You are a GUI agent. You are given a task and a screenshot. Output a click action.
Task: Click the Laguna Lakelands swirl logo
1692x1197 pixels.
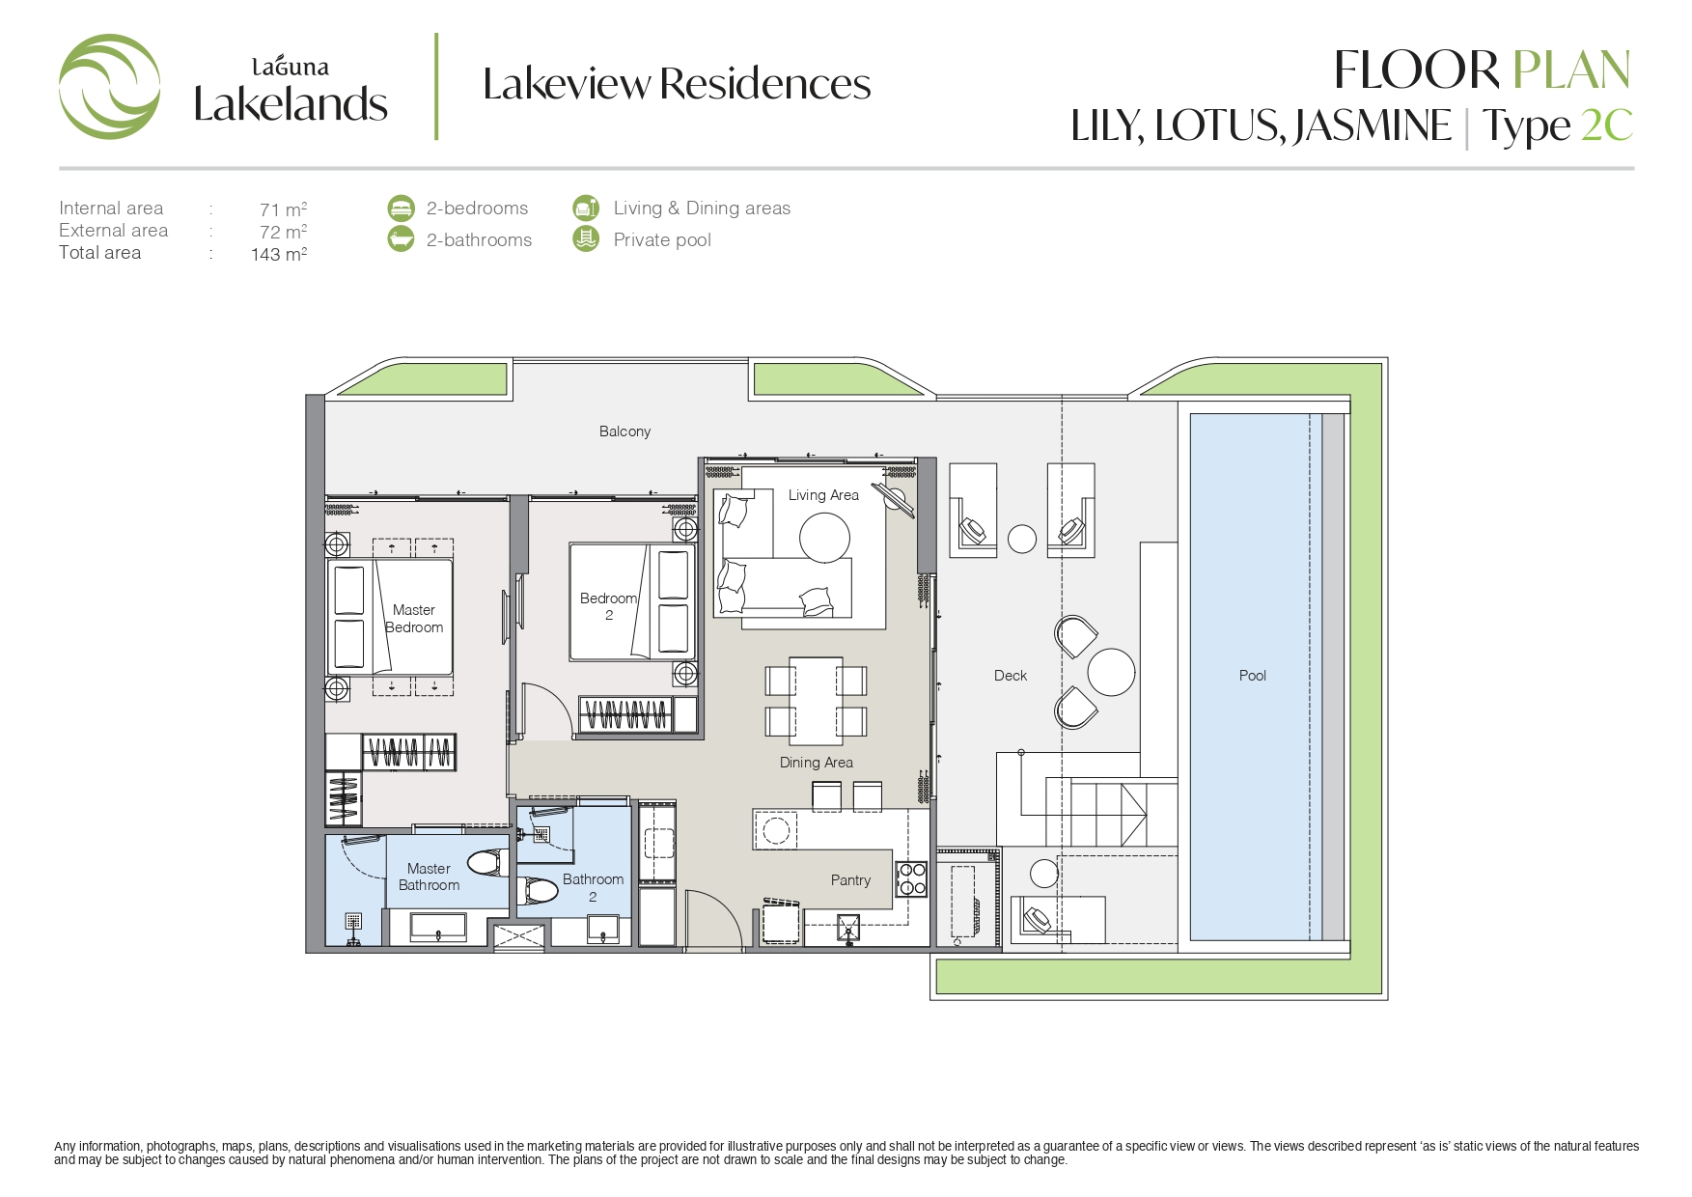tap(109, 86)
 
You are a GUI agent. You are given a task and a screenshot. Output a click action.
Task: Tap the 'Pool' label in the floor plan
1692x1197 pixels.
tap(1252, 676)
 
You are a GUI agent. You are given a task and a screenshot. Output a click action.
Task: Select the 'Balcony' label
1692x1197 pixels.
tap(624, 431)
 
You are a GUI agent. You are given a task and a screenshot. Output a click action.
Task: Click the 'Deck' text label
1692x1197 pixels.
tap(1011, 676)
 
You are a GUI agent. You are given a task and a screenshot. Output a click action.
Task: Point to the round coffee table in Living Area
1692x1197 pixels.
tap(824, 537)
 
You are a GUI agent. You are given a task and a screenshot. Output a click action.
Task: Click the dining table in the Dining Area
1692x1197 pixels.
tap(816, 701)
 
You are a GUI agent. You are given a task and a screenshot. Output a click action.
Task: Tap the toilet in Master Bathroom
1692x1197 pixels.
tap(488, 861)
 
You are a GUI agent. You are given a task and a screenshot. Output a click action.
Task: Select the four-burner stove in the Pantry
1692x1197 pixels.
tap(911, 879)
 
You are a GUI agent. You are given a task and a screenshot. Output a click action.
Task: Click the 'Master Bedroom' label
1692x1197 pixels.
tap(414, 619)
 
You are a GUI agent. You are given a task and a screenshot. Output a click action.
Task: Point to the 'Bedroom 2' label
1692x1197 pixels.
tap(608, 606)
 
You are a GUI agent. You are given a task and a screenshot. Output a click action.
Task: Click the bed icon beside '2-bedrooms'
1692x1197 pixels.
tap(401, 208)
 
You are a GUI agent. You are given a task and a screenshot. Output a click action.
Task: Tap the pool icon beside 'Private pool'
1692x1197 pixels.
tap(586, 238)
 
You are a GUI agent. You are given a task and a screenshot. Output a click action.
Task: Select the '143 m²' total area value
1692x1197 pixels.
tap(279, 254)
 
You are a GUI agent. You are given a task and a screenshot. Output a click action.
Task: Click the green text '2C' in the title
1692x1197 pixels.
tap(1607, 125)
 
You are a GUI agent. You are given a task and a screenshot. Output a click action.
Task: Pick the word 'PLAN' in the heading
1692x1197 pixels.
tap(1571, 70)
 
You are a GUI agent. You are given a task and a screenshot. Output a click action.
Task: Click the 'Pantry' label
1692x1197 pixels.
tap(850, 880)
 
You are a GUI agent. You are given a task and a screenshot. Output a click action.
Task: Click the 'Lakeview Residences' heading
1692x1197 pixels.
tap(677, 84)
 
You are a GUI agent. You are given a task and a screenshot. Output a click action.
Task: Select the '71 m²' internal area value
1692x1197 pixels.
tap(283, 209)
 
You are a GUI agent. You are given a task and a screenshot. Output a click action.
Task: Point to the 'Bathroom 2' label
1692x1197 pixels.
tap(593, 887)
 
